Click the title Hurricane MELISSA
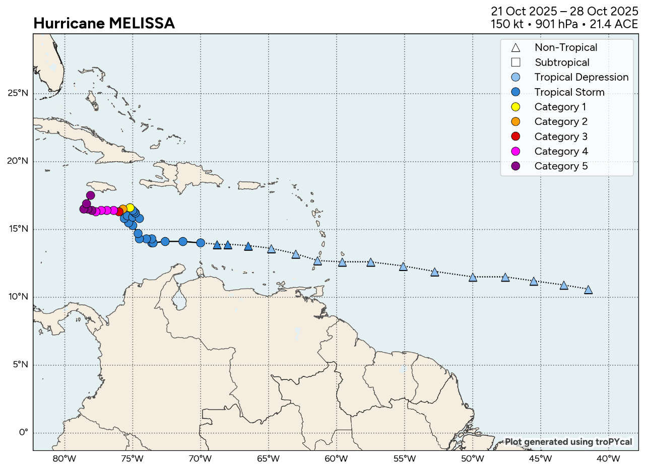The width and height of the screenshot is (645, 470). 104,23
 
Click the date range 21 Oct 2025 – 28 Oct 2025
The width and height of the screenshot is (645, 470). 564,11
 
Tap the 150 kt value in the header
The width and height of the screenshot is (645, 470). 505,24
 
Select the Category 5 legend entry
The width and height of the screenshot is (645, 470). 561,166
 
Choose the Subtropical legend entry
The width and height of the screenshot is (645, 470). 562,62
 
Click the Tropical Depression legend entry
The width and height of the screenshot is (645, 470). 581,77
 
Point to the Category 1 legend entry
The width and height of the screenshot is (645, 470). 561,107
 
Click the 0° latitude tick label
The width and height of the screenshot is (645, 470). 23,433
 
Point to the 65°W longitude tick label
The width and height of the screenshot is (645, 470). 268,459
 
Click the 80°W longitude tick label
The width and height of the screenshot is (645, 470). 64,459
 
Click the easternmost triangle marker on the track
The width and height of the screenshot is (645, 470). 588,290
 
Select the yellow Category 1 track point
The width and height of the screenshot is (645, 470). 130,208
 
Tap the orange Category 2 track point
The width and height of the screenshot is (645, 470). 123,209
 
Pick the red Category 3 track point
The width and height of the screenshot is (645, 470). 119,212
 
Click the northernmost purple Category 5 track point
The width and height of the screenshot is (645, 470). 90,195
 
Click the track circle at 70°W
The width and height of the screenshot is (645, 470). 201,243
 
